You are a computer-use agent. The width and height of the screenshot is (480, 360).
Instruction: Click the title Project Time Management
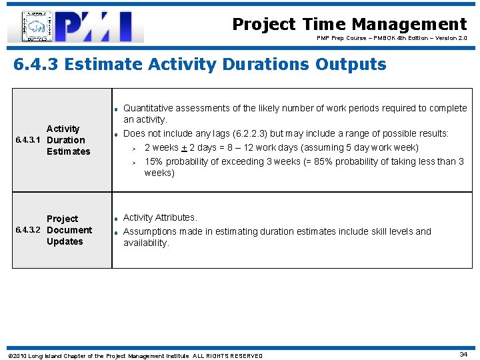[349, 25]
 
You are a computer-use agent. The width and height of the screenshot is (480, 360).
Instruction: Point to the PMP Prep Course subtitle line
[391, 39]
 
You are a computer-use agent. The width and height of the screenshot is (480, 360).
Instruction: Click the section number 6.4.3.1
[29, 141]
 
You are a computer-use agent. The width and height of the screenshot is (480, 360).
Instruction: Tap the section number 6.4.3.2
[29, 231]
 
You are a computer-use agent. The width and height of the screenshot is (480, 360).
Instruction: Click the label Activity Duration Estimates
[67, 140]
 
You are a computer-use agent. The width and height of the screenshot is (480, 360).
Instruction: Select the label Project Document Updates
[69, 230]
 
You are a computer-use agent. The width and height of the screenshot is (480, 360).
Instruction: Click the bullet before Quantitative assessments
[116, 109]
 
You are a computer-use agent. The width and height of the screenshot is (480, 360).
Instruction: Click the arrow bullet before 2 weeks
[133, 149]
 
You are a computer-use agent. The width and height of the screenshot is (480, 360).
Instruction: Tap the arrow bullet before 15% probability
[133, 162]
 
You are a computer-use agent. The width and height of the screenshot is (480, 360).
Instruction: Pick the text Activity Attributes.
[160, 217]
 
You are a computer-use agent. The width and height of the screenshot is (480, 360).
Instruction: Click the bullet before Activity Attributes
[116, 219]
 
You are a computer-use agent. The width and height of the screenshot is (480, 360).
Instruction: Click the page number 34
[463, 354]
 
